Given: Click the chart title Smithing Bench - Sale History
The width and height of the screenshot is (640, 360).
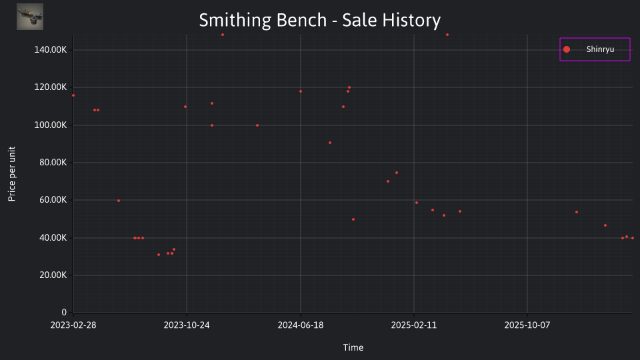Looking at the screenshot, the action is click(319, 20).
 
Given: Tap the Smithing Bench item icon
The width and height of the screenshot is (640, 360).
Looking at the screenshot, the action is click(30, 17).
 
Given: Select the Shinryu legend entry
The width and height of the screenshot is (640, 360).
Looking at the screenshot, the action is click(595, 49).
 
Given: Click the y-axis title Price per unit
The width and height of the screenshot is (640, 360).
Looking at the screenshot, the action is click(11, 174).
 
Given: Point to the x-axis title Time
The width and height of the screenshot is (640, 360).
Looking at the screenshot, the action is click(353, 347).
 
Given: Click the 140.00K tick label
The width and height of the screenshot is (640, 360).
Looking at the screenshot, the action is click(50, 50).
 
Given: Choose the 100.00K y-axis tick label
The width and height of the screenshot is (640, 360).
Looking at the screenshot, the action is click(50, 125).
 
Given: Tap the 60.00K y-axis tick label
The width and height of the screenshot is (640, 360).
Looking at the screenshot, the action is click(53, 200).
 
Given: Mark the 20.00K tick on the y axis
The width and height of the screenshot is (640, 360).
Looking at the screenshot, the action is click(53, 275).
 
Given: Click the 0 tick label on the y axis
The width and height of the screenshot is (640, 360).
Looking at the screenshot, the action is click(64, 312).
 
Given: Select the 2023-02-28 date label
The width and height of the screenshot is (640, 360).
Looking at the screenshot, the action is click(73, 325).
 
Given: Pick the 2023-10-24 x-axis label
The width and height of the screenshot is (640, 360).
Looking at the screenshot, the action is click(187, 325).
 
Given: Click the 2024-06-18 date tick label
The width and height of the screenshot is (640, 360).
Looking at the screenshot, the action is click(301, 325).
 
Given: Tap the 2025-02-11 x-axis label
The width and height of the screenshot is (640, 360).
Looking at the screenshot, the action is click(414, 325).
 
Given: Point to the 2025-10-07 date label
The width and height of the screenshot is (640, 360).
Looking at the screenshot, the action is click(527, 325).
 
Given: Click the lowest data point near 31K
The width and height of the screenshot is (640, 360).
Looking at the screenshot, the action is click(159, 255).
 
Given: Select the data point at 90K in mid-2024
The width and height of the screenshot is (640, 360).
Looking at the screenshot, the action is click(330, 143).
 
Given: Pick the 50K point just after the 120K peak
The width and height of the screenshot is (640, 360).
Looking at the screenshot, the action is click(353, 219).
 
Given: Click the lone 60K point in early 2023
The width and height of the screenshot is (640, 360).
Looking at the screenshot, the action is click(119, 201).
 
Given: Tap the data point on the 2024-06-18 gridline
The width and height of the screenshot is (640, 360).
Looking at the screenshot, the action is click(301, 91).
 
